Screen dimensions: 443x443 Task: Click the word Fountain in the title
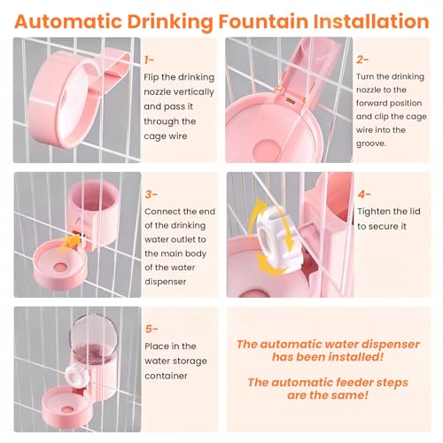263,21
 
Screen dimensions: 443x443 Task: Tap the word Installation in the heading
371,21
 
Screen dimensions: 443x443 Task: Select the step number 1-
149,60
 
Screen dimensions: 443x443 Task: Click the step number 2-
362,59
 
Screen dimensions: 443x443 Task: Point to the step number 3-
151,195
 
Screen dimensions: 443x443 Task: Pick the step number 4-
364,194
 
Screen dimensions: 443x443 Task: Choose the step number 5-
152,329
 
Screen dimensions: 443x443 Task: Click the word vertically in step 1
196,92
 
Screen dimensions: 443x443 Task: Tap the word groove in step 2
370,144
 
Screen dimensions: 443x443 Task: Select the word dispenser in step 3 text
166,282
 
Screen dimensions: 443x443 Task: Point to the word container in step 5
166,376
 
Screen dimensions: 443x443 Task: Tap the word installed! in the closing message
356,357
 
